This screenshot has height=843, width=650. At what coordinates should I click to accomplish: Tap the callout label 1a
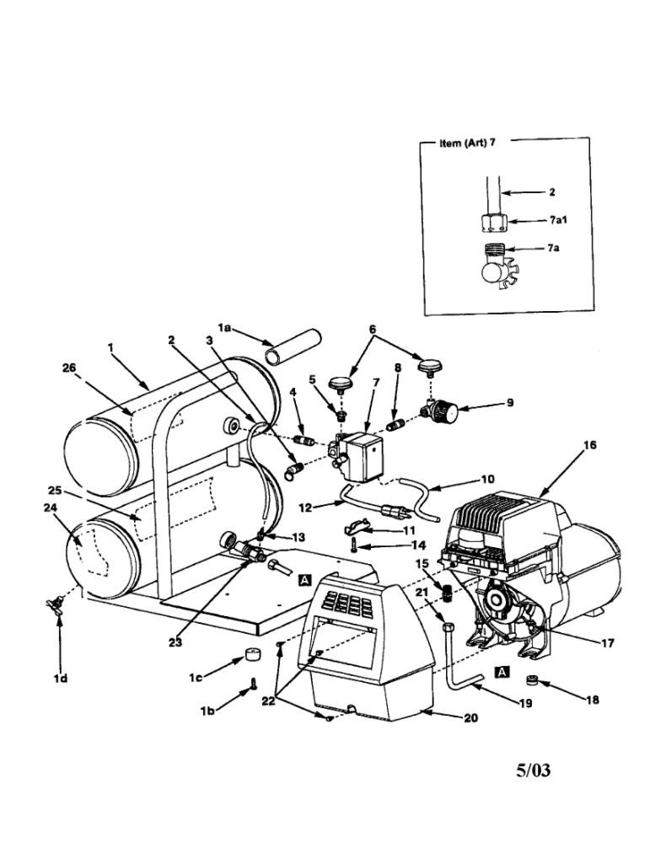224,327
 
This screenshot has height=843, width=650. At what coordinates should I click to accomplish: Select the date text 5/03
534,770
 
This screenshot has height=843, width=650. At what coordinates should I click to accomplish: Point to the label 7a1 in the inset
558,220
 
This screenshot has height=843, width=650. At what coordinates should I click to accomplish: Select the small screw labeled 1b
253,685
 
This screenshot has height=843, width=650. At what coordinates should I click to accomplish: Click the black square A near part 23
304,580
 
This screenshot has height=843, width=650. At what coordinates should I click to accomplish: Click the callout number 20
470,717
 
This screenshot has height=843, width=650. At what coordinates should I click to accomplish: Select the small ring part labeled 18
532,679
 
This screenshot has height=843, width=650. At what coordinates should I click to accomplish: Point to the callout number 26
69,368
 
